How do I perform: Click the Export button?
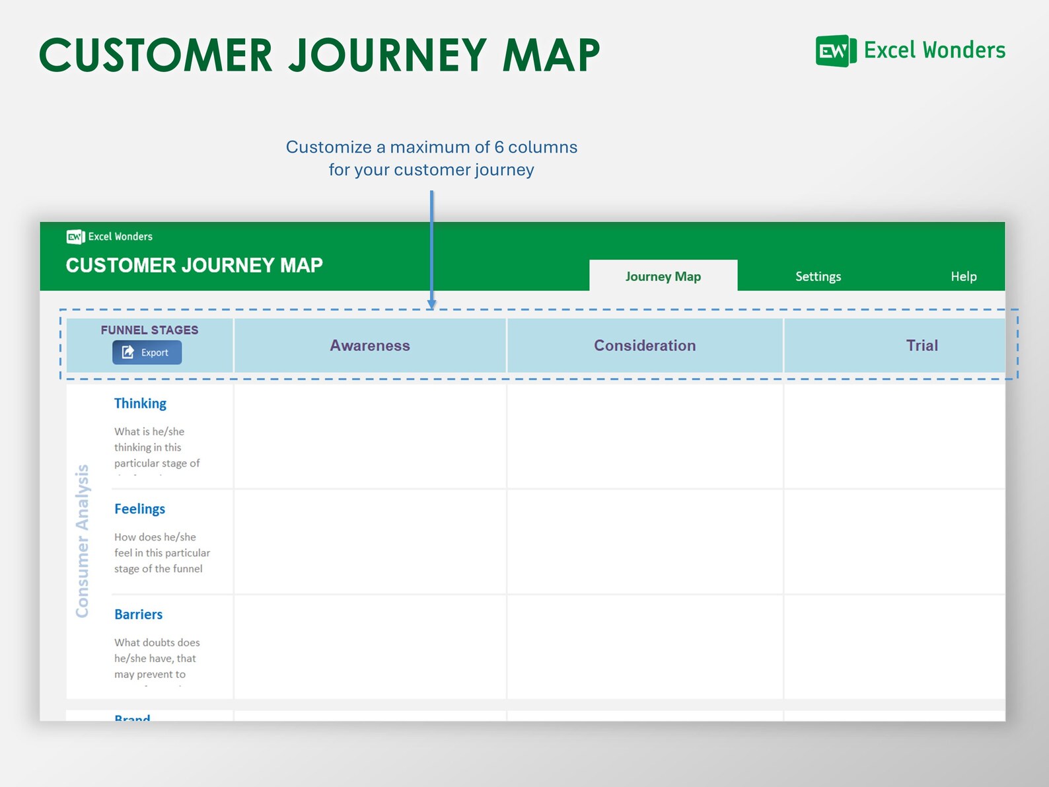click(x=147, y=352)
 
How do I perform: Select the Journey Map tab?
click(x=663, y=276)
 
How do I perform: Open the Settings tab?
click(x=818, y=276)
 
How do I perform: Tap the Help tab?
click(x=963, y=276)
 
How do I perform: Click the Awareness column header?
click(x=370, y=346)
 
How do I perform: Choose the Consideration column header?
click(x=645, y=346)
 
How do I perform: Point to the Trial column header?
click(x=922, y=346)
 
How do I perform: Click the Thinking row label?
click(x=140, y=403)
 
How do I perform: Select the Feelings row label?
click(x=139, y=509)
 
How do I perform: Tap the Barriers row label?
click(x=138, y=615)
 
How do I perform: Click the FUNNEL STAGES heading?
click(x=149, y=330)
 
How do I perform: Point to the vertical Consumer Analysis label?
click(x=82, y=541)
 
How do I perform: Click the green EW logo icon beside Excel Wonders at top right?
click(x=835, y=51)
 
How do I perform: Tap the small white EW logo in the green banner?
click(x=75, y=237)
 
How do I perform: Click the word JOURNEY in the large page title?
click(x=388, y=55)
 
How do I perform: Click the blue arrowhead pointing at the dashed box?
click(x=431, y=303)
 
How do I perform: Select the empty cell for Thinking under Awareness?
click(x=370, y=436)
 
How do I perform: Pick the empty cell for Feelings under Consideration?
click(x=645, y=542)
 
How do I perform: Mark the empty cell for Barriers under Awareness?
click(x=370, y=647)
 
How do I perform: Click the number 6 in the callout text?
click(x=499, y=147)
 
